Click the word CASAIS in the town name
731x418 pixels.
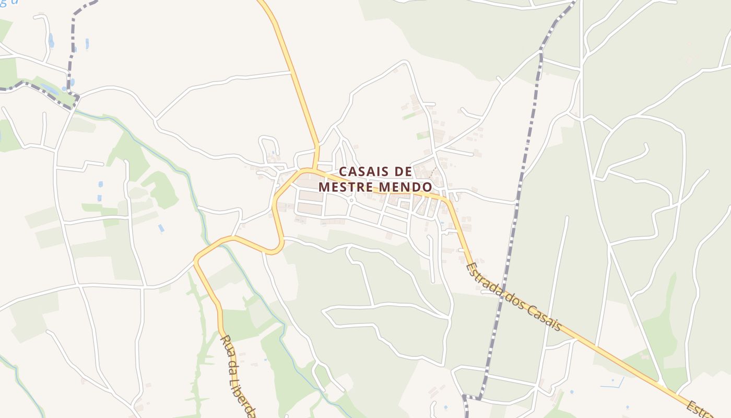pyautogui.click(x=361, y=171)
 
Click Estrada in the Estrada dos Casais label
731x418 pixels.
pyautogui.click(x=482, y=282)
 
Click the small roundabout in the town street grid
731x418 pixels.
pyautogui.click(x=351, y=200)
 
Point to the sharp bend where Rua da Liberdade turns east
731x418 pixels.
pyautogui.click(x=197, y=259)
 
